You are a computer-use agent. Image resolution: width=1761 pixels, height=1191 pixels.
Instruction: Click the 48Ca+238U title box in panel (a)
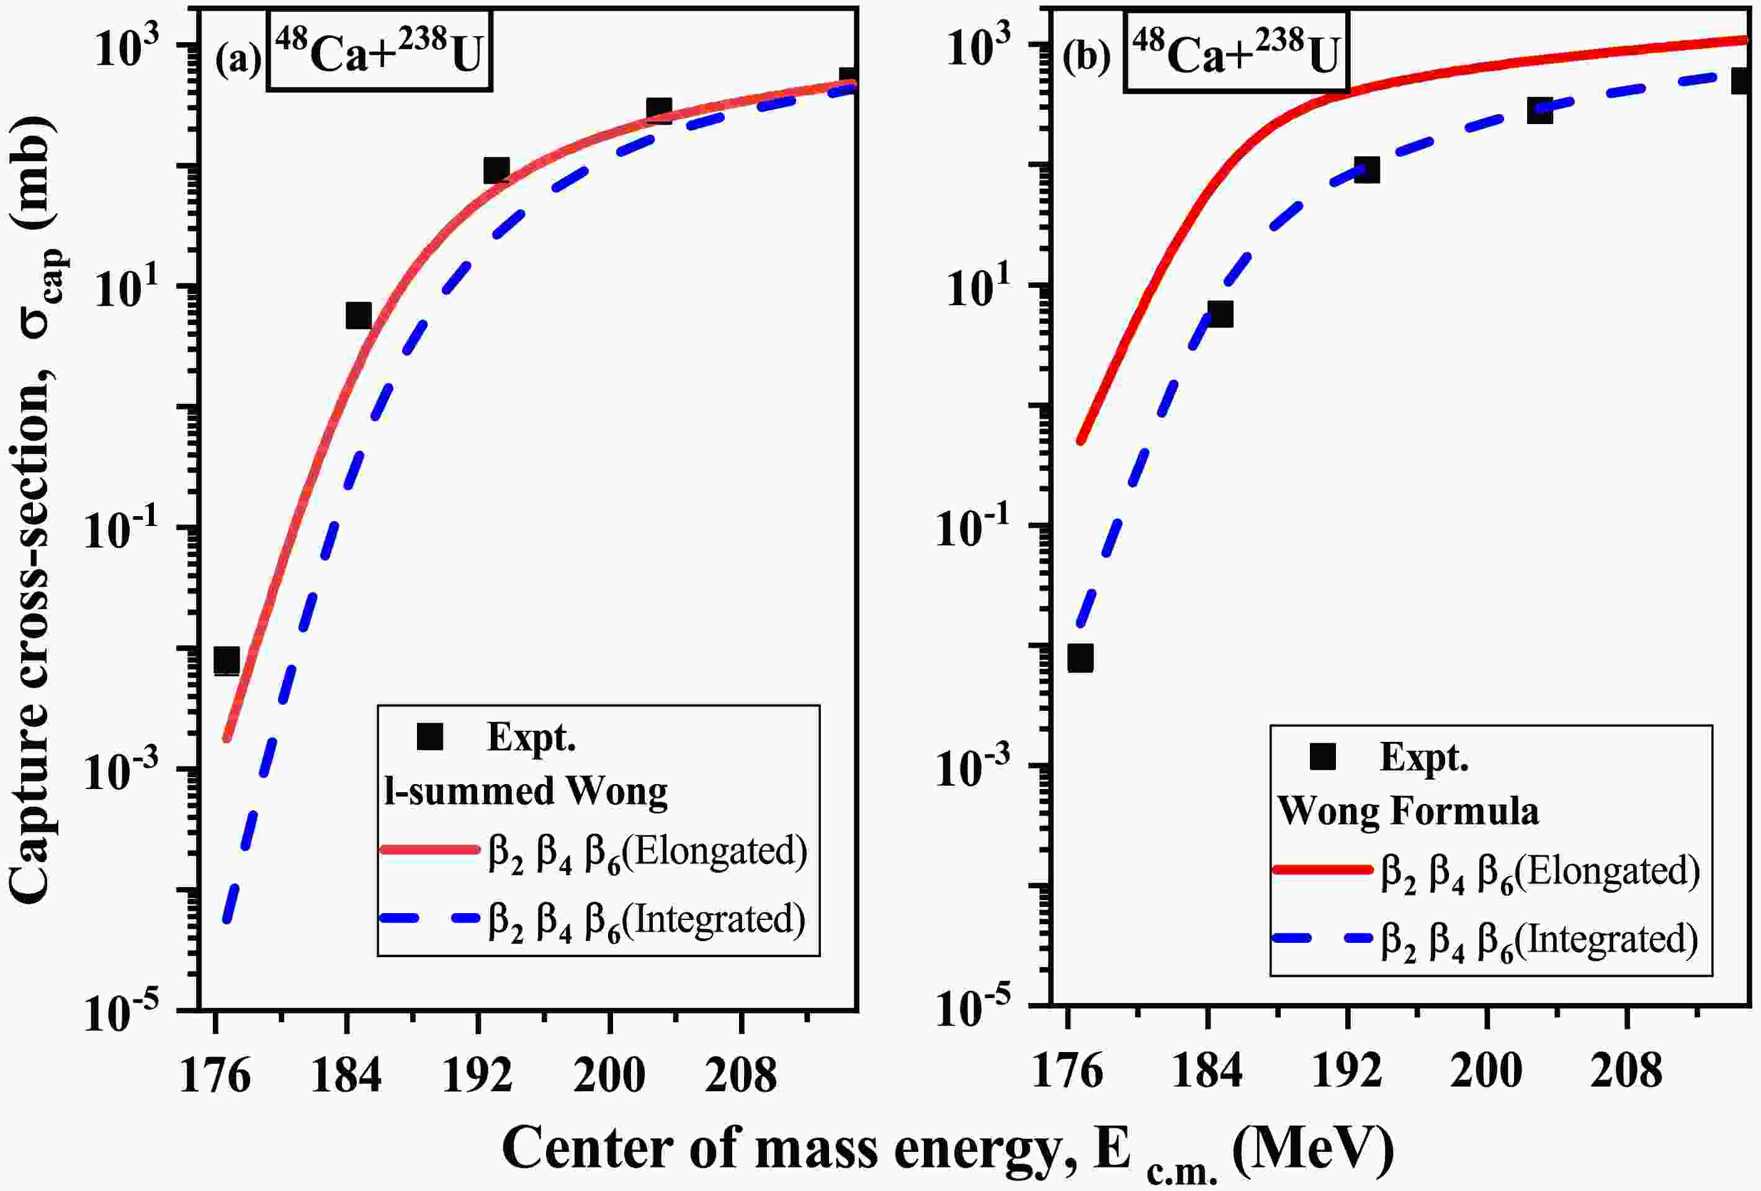pyautogui.click(x=379, y=51)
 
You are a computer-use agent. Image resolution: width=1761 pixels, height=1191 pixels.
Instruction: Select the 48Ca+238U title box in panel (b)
pyautogui.click(x=1236, y=51)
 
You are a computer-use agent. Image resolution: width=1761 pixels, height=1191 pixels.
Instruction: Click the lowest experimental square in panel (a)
pyautogui.click(x=226, y=660)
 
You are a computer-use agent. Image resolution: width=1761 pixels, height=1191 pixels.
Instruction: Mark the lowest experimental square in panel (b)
pyautogui.click(x=1080, y=658)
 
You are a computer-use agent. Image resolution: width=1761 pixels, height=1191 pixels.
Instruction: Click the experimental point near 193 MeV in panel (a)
pyautogui.click(x=496, y=171)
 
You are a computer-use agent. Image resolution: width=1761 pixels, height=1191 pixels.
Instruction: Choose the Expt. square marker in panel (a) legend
pyautogui.click(x=429, y=736)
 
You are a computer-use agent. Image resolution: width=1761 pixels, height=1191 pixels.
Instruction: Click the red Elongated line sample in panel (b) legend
pyautogui.click(x=1323, y=870)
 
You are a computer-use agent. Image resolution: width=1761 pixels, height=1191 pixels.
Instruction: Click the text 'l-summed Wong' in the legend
pyautogui.click(x=526, y=792)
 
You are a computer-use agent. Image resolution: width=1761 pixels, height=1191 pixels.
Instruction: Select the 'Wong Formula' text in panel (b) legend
pyautogui.click(x=1409, y=811)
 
